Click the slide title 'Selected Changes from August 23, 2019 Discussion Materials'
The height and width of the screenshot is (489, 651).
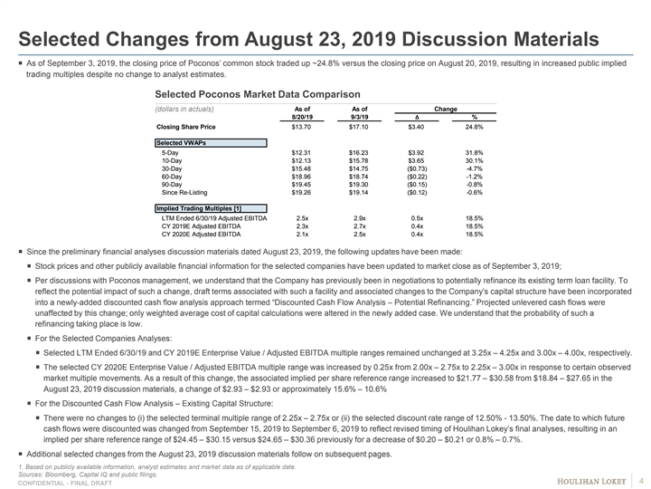308,41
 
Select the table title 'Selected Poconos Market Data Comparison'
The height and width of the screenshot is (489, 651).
258,94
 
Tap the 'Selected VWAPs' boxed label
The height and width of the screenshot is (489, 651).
179,143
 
